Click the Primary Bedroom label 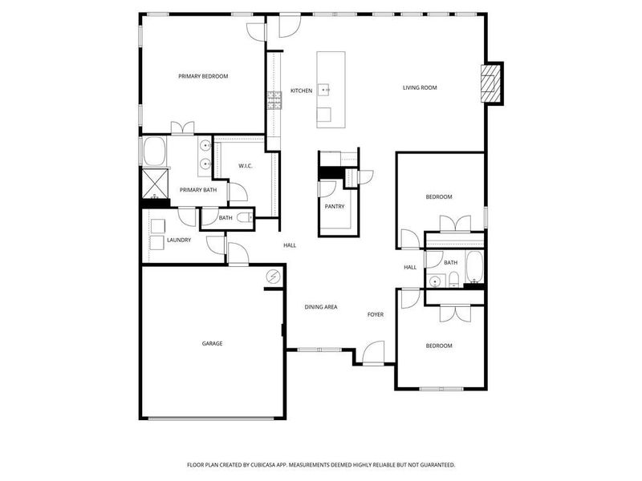203,76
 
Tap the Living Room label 420,87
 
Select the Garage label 212,344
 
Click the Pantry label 335,206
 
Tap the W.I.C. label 246,166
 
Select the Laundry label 179,240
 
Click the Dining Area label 320,307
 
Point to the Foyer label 376,315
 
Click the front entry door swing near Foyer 373,353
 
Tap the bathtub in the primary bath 153,150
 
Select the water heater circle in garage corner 274,277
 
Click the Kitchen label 301,91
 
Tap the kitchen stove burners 274,99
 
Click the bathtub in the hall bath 473,267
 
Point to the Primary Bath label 197,190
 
